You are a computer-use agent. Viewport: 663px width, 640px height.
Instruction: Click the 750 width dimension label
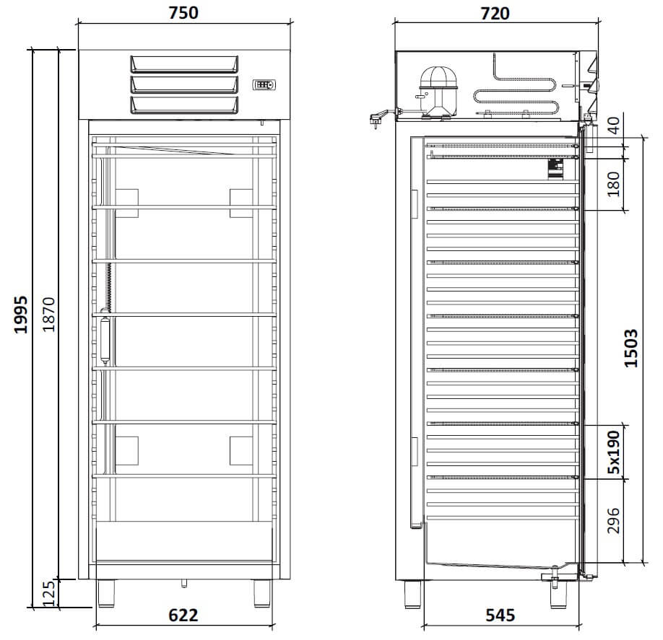coord(183,13)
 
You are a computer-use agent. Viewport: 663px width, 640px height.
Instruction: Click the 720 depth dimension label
coord(495,14)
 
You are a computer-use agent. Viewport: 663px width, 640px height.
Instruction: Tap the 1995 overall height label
coord(21,315)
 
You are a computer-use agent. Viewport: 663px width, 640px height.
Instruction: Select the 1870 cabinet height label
coord(49,315)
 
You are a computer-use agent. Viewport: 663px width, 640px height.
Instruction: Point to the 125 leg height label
coord(49,594)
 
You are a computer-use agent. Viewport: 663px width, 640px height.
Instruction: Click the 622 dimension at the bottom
coord(183,615)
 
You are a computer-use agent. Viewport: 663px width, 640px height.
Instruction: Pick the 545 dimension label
coord(500,615)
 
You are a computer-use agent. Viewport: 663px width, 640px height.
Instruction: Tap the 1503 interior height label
coord(631,348)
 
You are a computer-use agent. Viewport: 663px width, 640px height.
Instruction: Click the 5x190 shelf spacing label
coord(614,452)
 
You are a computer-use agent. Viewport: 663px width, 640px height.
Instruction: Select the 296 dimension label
coord(614,521)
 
